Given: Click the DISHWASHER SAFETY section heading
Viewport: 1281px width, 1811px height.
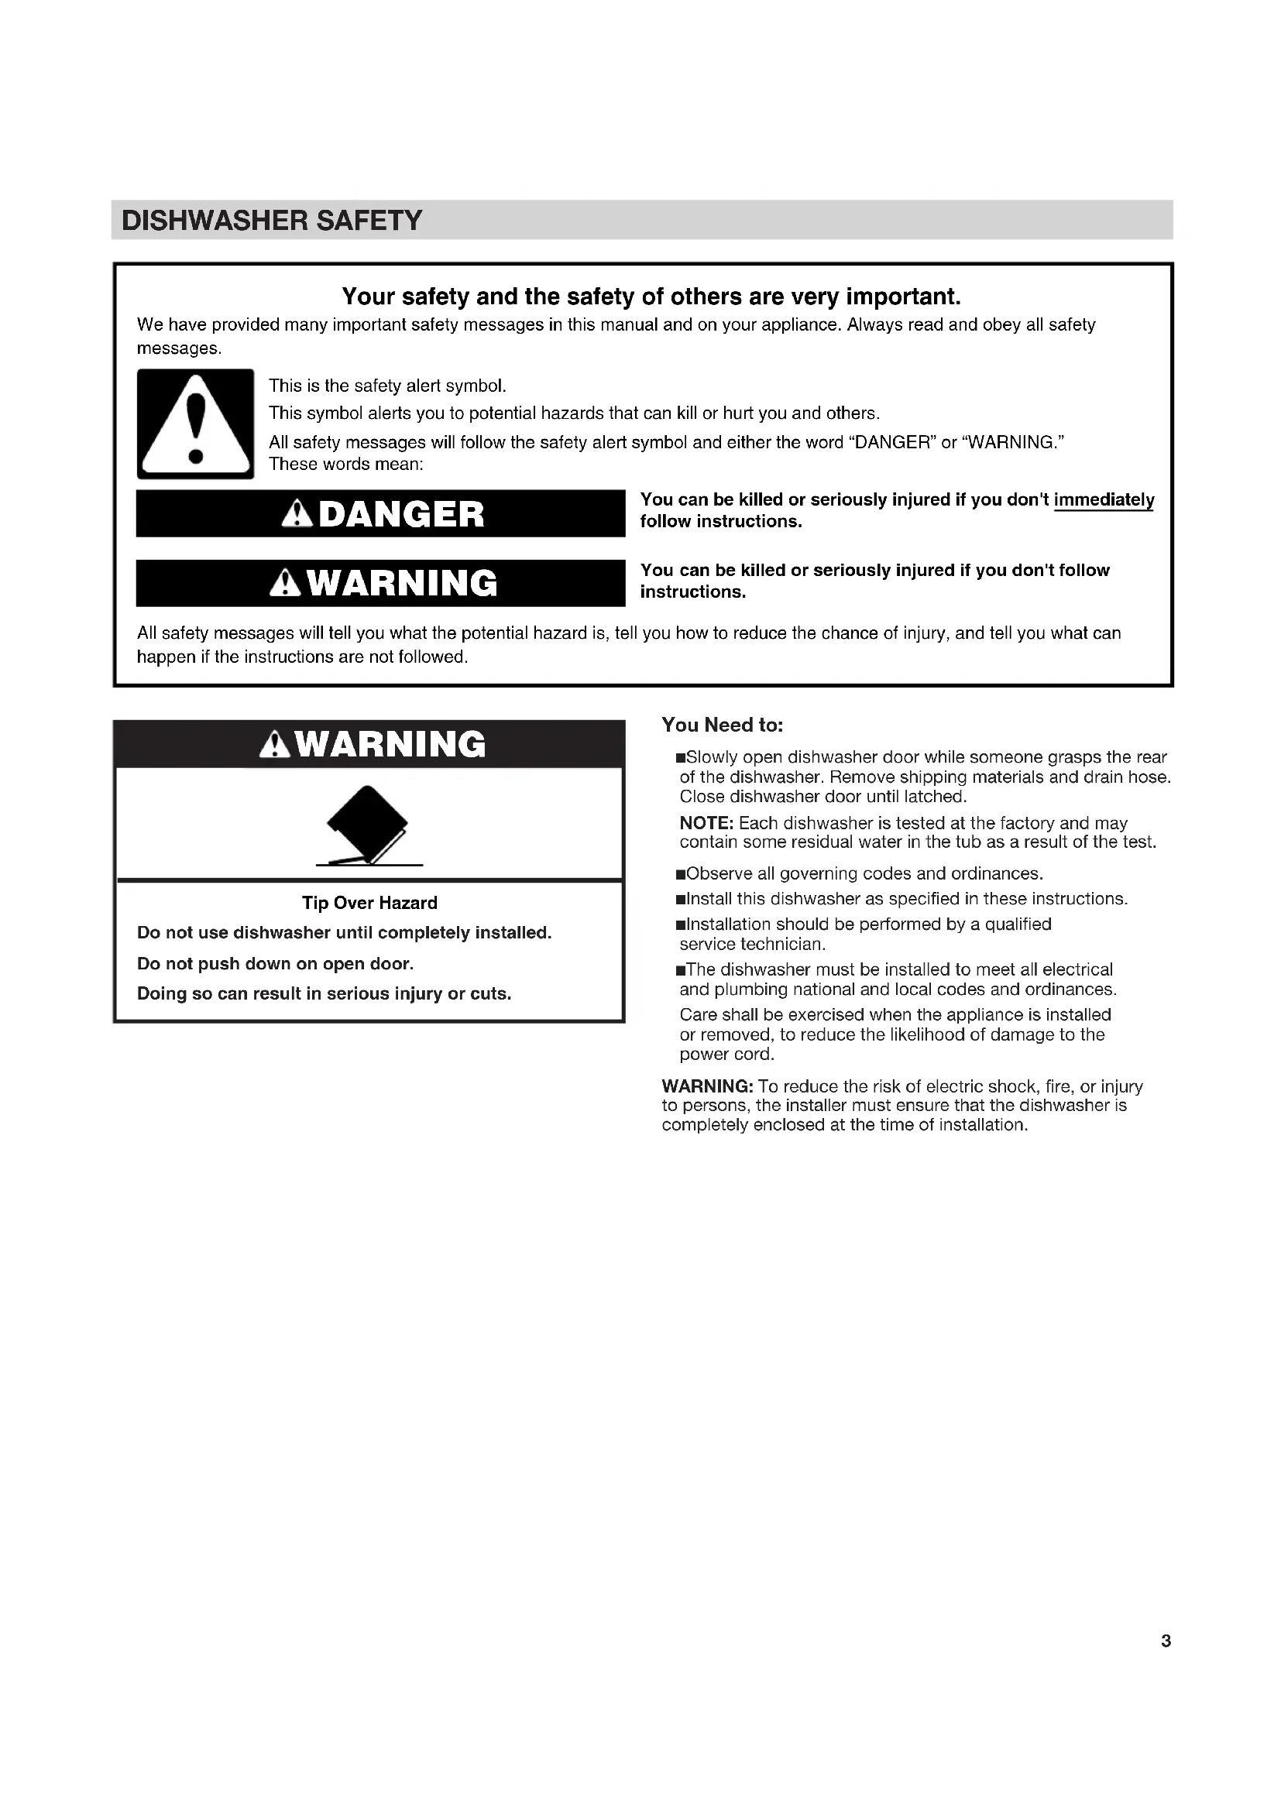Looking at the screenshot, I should tap(272, 220).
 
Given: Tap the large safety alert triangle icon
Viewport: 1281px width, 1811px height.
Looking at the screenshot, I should tap(196, 424).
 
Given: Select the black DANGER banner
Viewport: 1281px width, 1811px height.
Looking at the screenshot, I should tap(380, 513).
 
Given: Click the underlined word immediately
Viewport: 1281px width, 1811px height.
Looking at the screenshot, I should tap(1104, 500).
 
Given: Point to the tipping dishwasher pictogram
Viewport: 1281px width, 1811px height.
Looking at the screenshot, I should tap(369, 826).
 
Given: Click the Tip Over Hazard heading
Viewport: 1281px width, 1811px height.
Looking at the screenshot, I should tap(369, 903).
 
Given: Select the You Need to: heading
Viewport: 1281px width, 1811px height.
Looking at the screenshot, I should tap(722, 725).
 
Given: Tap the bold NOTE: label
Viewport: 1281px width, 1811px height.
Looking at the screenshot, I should tap(706, 824).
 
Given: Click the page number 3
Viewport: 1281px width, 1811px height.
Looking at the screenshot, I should tap(1166, 1641).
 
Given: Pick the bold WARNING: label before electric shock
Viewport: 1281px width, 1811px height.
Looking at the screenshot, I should tap(707, 1086).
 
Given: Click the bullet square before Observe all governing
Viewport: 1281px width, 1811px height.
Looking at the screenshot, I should tap(681, 875).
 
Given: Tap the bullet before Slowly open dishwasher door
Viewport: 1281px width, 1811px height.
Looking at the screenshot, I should tap(681, 758).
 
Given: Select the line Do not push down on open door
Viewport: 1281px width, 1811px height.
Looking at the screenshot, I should tap(275, 964).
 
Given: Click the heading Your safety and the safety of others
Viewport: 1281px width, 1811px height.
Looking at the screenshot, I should tap(651, 297).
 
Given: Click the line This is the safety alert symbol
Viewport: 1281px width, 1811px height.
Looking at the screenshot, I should tap(387, 386).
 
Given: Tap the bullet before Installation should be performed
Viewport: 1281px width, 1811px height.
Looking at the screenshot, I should tap(681, 925).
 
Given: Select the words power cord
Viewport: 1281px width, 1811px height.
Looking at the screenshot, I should tap(726, 1055).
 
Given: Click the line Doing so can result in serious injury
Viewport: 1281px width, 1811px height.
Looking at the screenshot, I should tap(325, 994).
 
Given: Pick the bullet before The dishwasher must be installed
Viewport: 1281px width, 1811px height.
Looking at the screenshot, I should tap(681, 970).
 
